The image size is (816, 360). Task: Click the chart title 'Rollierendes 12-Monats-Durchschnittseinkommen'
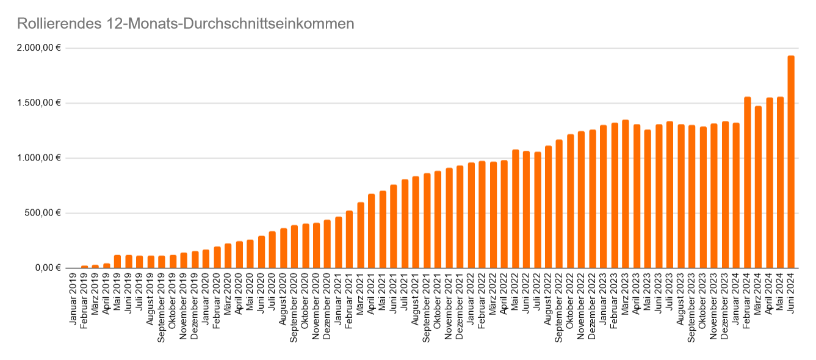point(186,24)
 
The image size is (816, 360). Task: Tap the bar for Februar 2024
point(747,182)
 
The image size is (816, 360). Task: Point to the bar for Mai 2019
point(118,262)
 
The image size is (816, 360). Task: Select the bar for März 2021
point(361,236)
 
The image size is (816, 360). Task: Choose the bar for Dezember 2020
point(328,244)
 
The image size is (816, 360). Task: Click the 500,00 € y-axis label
point(43,214)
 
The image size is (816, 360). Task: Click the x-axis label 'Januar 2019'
point(74,299)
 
